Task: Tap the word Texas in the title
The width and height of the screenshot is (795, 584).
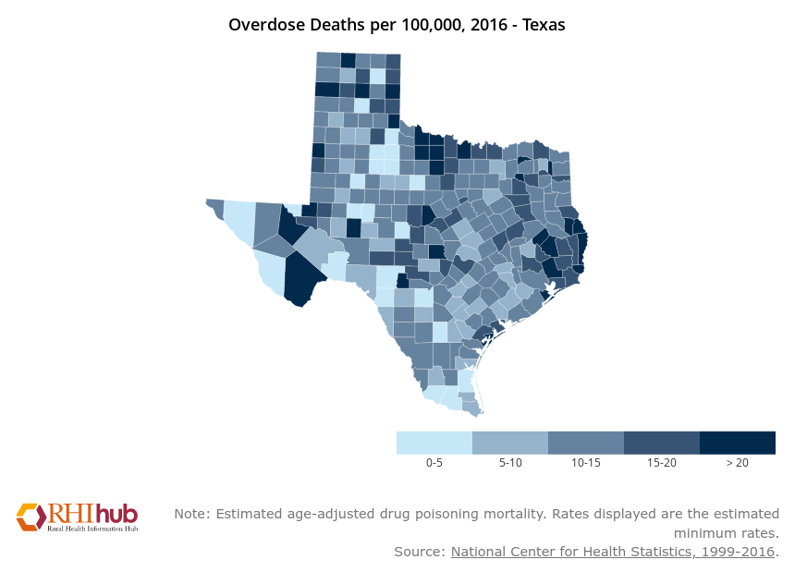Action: pyautogui.click(x=544, y=25)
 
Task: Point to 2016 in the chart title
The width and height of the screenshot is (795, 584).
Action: pyautogui.click(x=481, y=25)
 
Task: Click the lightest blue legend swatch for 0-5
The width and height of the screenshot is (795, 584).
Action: pyautogui.click(x=434, y=443)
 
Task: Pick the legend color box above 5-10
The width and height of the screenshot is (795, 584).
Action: pyautogui.click(x=509, y=443)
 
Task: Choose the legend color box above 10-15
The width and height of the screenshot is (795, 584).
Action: pyautogui.click(x=585, y=443)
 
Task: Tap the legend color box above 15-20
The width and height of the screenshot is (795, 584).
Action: pyautogui.click(x=661, y=443)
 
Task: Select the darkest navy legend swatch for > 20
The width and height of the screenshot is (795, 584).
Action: pyautogui.click(x=737, y=443)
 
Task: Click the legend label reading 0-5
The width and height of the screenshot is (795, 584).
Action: pyautogui.click(x=434, y=462)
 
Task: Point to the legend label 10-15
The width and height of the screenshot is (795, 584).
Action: pyautogui.click(x=586, y=462)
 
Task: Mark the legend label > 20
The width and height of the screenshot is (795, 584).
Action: pyautogui.click(x=737, y=462)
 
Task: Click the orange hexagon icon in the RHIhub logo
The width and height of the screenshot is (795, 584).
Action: pyautogui.click(x=30, y=517)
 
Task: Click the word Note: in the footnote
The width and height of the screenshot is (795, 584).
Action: pyautogui.click(x=191, y=513)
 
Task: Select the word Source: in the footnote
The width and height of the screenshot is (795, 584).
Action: pyautogui.click(x=420, y=552)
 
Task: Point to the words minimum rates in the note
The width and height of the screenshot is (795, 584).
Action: pyautogui.click(x=725, y=533)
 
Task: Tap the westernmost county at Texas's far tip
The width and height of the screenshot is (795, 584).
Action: pyautogui.click(x=214, y=206)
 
